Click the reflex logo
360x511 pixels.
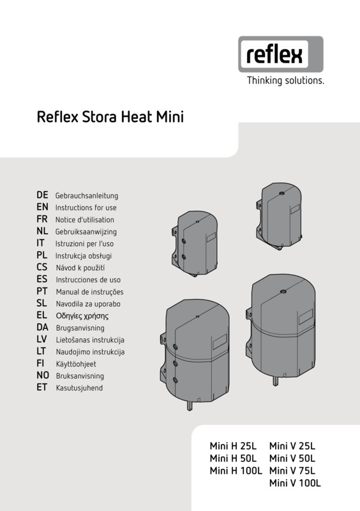(281, 54)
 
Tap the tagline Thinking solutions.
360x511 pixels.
(285, 80)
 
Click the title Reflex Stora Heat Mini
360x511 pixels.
(110, 117)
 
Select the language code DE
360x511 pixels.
(42, 195)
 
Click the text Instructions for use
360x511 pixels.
(86, 208)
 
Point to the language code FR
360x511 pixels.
(42, 219)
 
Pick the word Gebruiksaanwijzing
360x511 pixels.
(86, 232)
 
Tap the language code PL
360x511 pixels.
(42, 255)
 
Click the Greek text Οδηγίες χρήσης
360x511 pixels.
(82, 316)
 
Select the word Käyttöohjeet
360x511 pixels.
(76, 363)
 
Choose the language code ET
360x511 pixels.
(42, 388)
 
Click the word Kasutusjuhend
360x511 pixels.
(79, 388)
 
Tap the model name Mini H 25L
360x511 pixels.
(233, 445)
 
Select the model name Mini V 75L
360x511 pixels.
(292, 470)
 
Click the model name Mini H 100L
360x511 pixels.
(236, 470)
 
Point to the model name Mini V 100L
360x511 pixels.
(295, 483)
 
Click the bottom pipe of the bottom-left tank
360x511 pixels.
(190, 405)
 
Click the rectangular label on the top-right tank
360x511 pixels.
(295, 209)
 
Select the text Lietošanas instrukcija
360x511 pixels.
(90, 340)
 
